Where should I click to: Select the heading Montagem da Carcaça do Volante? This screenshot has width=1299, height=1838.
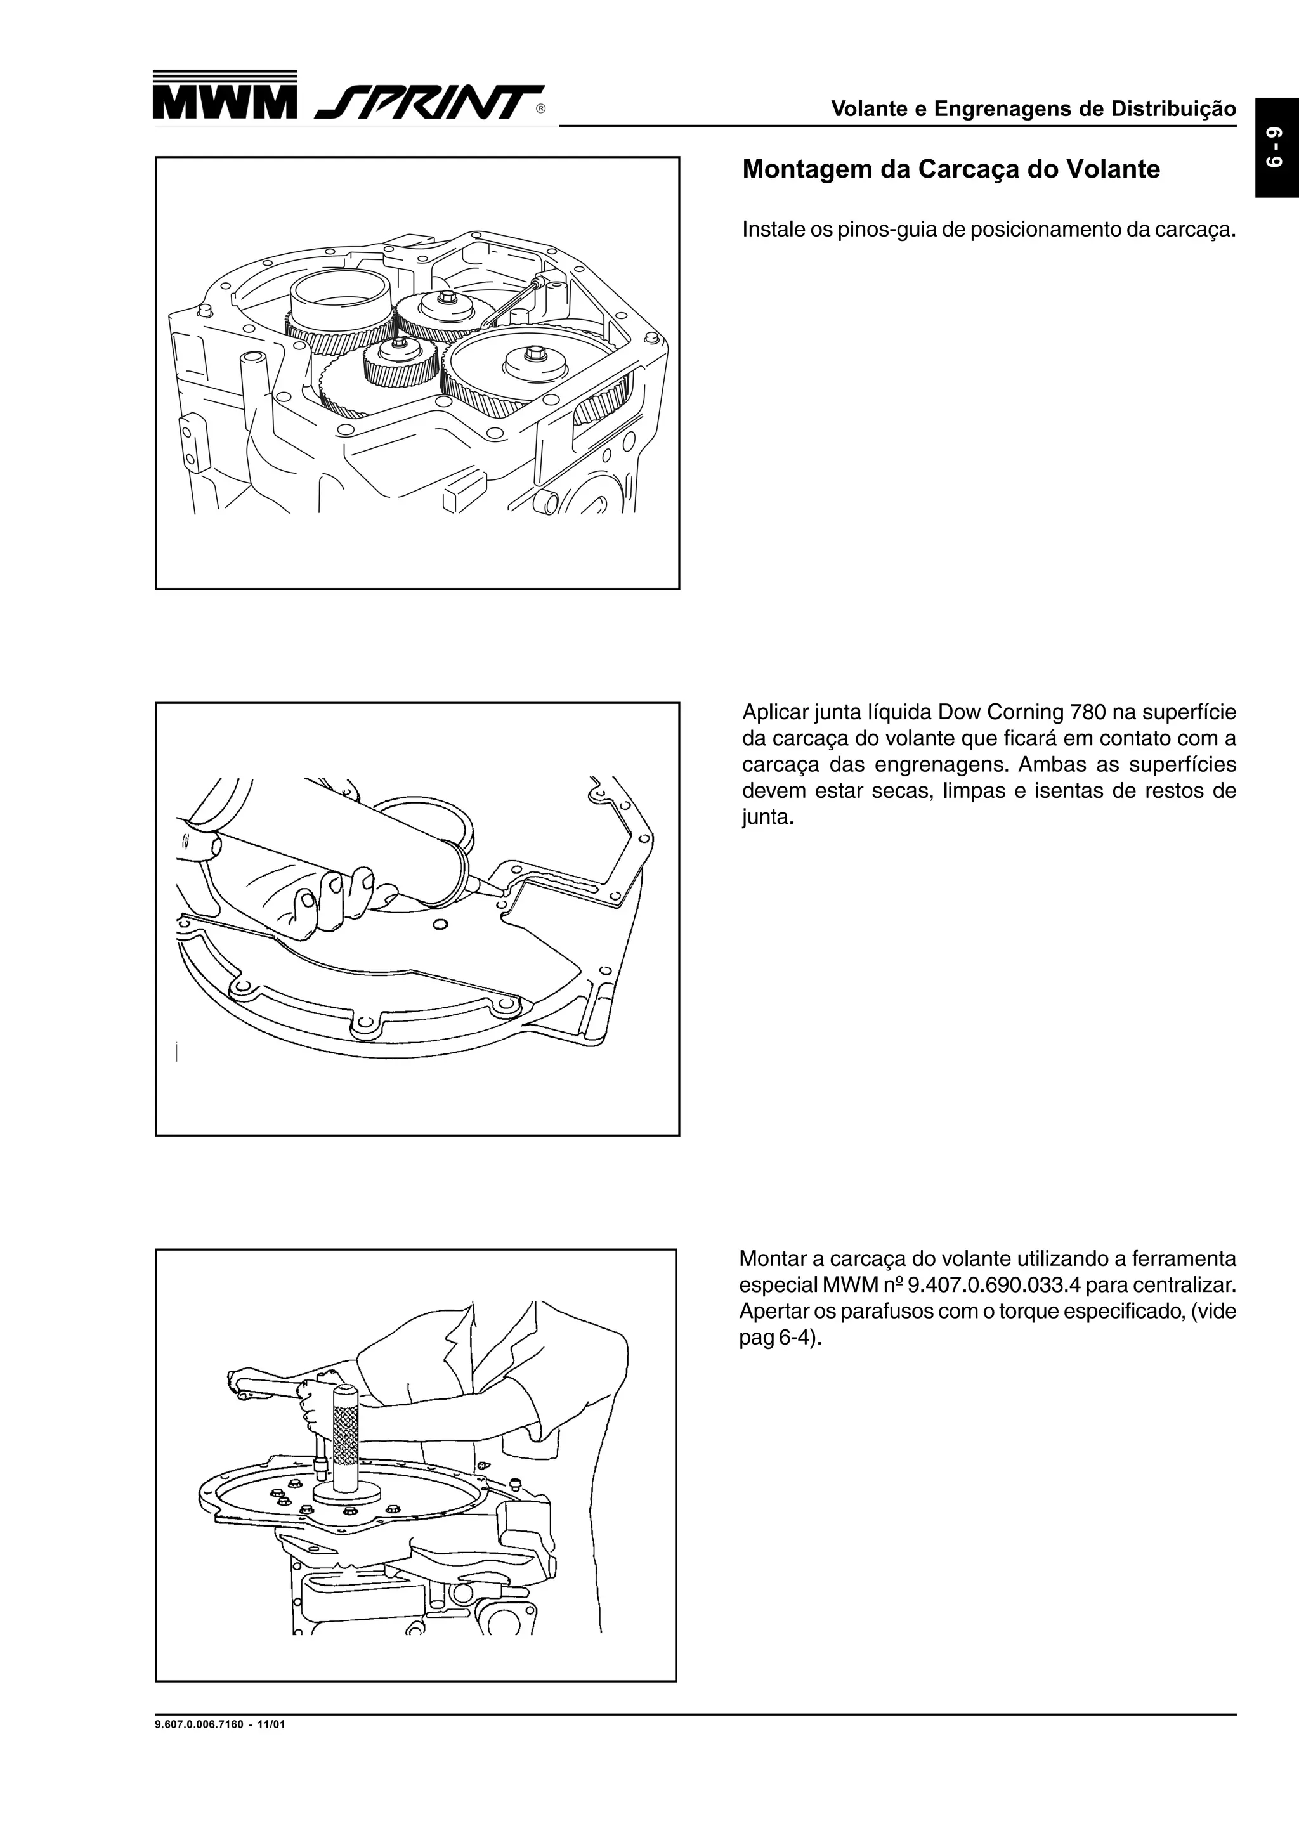click(x=951, y=170)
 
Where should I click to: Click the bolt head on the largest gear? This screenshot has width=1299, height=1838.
click(x=535, y=353)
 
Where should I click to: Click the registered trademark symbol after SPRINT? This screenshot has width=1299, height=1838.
click(x=541, y=109)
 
